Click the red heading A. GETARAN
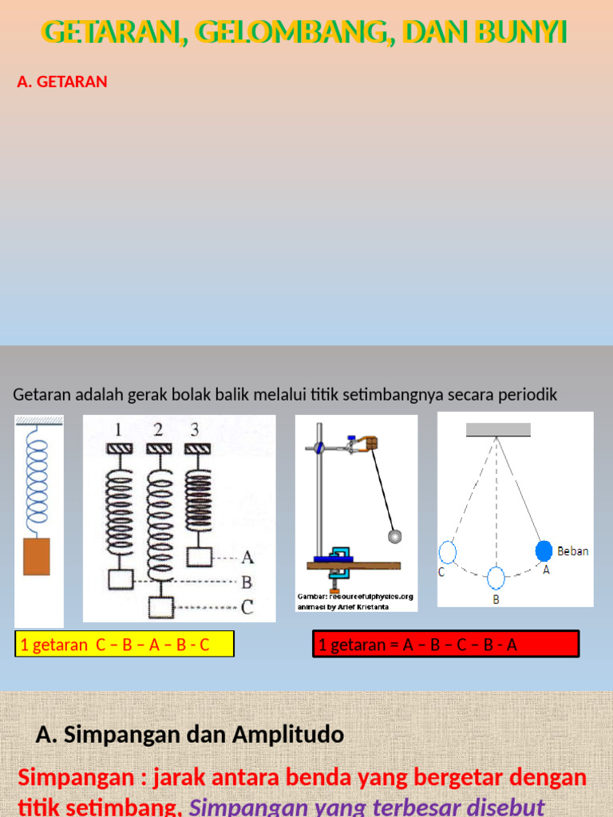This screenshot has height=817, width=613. click(62, 81)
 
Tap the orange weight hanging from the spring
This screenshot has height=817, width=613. click(37, 556)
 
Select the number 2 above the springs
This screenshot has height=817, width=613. click(159, 430)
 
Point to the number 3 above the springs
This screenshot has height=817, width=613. click(195, 430)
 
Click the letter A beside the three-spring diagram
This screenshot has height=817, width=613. click(247, 557)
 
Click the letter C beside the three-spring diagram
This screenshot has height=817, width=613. click(247, 608)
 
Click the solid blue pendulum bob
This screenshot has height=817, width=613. click(544, 551)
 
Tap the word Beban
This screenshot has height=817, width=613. click(572, 551)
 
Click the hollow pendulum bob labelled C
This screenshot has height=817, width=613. click(448, 551)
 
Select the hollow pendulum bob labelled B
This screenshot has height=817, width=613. click(496, 576)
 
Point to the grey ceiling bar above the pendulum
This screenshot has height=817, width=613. click(498, 430)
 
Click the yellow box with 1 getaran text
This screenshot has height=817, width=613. click(125, 644)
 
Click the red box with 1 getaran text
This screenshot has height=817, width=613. click(445, 644)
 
